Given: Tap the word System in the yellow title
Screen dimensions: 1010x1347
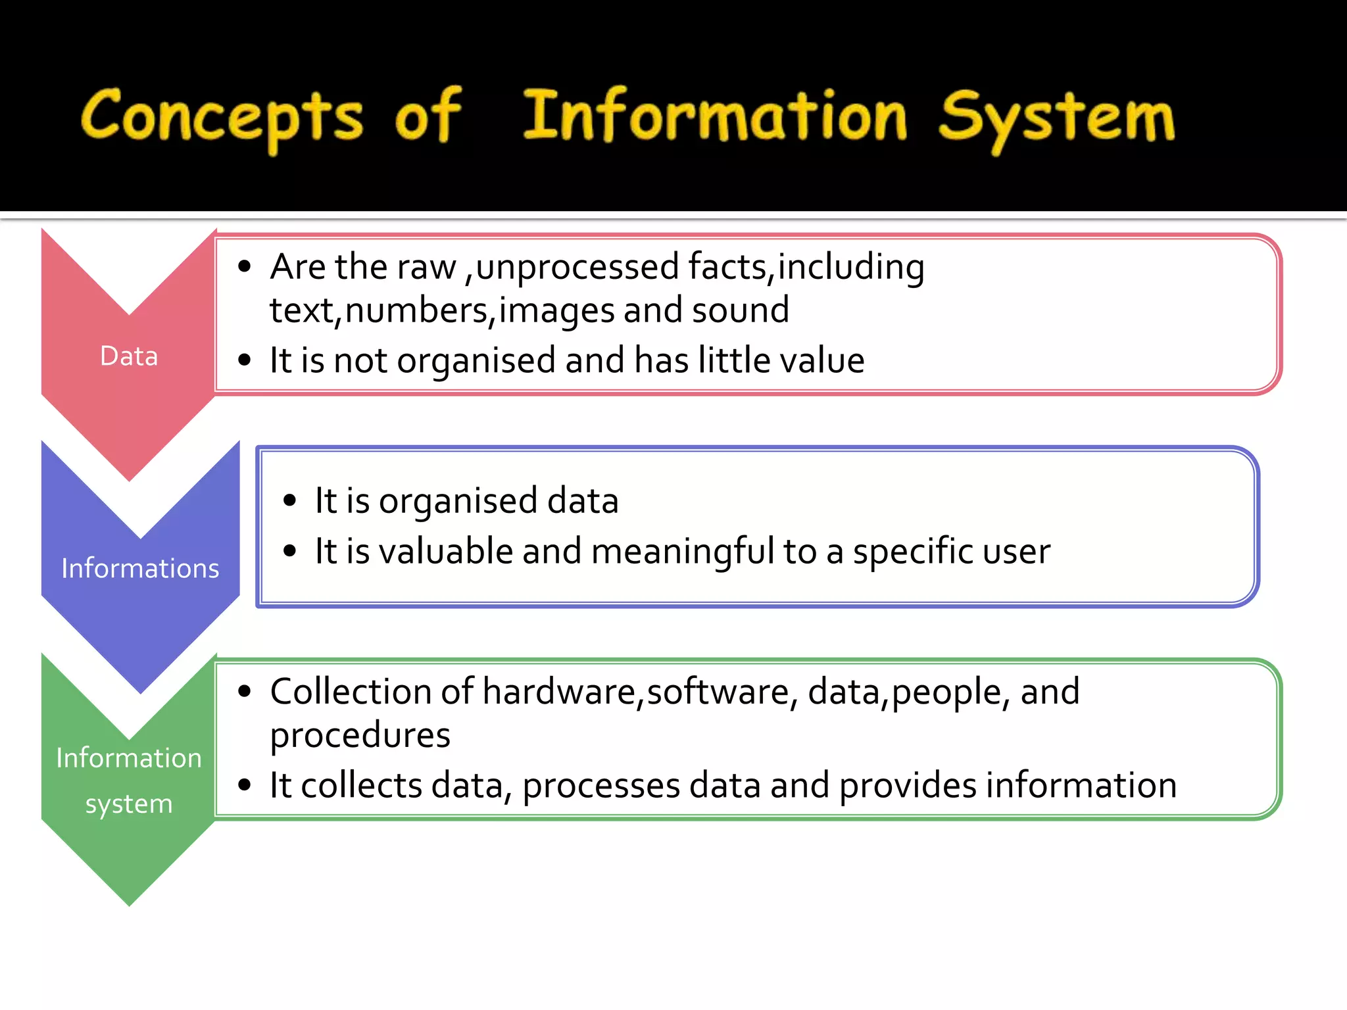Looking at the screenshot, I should pos(1056,118).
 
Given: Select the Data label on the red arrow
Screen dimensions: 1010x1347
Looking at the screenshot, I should pos(129,356).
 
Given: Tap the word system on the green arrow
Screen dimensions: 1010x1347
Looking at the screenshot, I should pos(129,804).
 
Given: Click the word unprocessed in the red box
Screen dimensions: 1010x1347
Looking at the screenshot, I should pos(577,267).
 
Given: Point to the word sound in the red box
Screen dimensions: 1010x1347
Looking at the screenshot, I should pos(740,310).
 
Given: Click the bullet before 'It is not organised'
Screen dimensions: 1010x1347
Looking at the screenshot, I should pos(245,360).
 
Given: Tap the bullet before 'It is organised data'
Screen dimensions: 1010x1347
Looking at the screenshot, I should pos(290,501).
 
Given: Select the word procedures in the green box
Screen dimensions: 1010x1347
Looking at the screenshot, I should pos(360,735).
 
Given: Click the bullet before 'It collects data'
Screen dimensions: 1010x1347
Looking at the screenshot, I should pos(245,785).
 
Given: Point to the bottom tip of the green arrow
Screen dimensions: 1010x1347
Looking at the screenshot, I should pos(130,903).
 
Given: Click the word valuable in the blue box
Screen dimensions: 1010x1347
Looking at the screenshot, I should pos(445,551).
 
